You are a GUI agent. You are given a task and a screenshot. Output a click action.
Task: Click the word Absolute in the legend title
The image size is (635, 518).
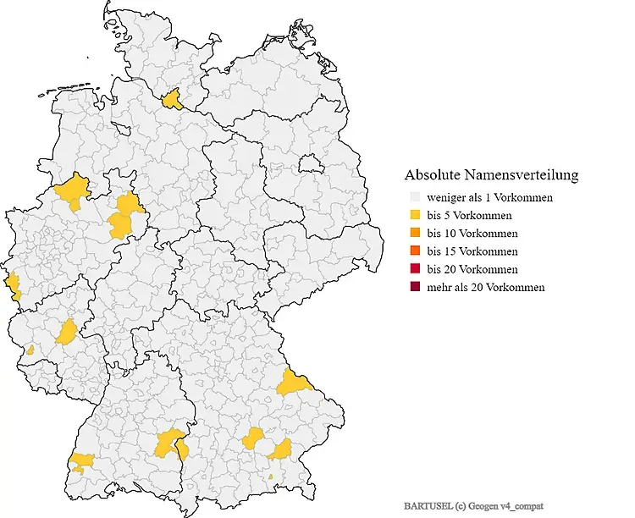431,176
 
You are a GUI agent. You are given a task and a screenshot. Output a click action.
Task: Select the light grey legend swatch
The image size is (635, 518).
414,198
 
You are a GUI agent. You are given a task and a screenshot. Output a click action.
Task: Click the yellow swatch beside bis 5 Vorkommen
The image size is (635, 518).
414,216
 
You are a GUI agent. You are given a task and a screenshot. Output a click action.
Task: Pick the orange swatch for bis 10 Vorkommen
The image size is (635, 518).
414,234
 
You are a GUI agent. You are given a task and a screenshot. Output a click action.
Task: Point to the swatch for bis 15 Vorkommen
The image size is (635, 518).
414,251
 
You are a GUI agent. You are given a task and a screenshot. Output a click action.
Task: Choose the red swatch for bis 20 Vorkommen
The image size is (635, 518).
414,269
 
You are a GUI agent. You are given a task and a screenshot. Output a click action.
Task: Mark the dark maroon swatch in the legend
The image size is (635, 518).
414,287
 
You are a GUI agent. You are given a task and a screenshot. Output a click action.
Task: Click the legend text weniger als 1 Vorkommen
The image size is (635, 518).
490,198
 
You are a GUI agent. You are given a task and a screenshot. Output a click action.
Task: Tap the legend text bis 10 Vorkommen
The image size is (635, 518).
472,234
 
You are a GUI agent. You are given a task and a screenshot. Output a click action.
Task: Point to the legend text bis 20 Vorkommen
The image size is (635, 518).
472,269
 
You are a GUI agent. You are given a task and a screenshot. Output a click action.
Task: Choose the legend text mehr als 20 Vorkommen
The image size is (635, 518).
486,287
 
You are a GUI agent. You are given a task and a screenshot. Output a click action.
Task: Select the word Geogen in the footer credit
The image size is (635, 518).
489,505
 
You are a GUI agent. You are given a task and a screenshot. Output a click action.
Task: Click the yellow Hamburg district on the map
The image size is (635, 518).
174,100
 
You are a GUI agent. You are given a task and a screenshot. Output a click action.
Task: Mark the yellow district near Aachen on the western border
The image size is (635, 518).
13,286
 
